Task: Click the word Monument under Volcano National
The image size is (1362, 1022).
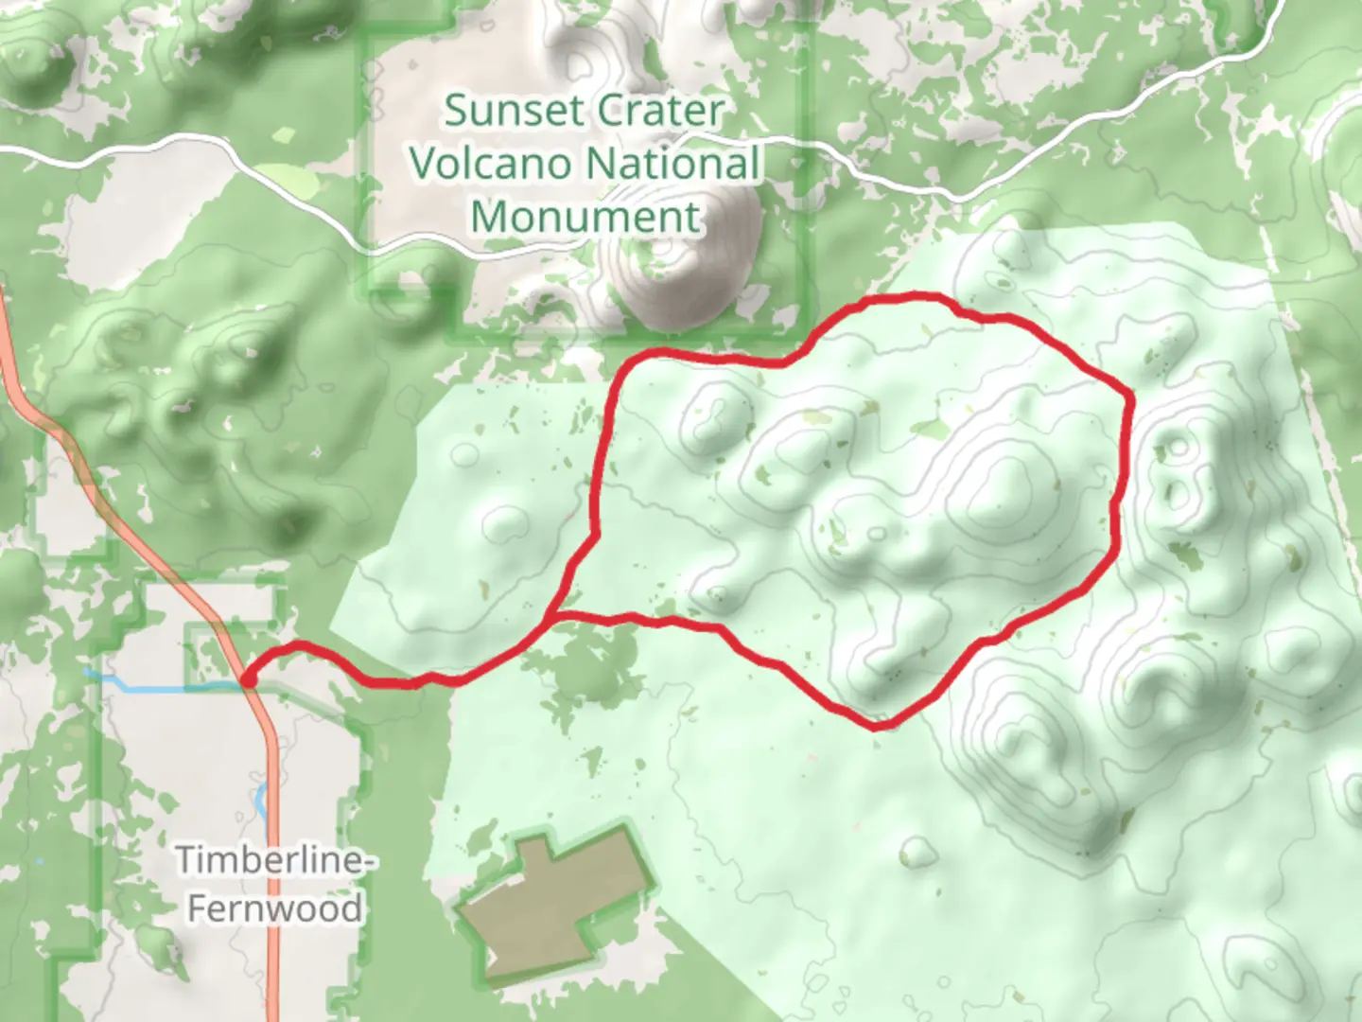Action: click(x=585, y=217)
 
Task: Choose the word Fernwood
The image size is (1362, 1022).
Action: click(x=274, y=908)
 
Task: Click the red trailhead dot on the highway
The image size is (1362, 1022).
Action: click(x=248, y=678)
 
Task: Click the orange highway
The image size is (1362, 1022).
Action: click(x=272, y=804)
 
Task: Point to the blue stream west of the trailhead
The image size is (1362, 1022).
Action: click(x=142, y=684)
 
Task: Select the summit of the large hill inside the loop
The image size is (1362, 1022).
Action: click(x=1004, y=483)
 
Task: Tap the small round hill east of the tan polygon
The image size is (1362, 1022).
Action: click(x=915, y=852)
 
